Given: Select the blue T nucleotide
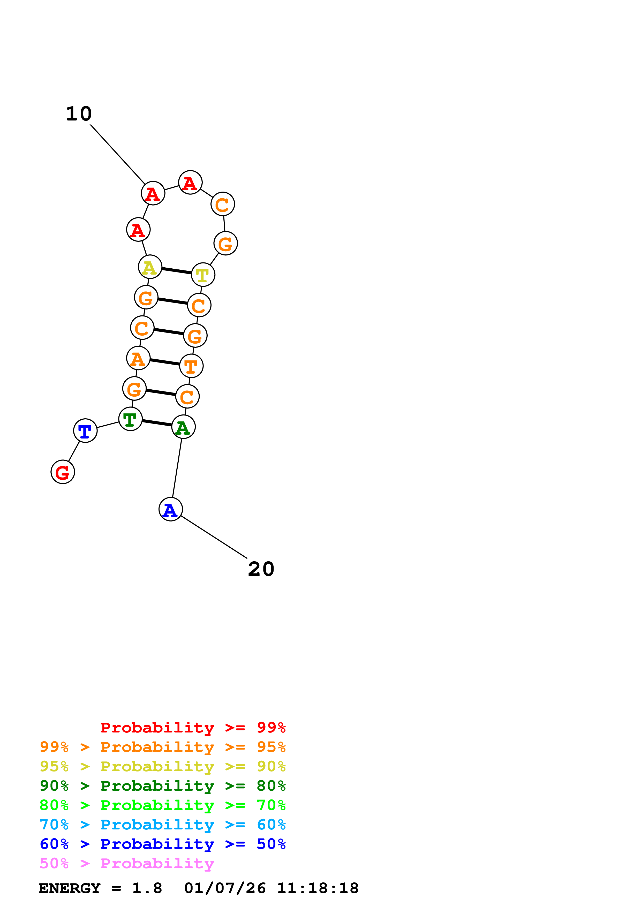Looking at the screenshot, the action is (85, 430).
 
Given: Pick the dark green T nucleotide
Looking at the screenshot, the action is (130, 419).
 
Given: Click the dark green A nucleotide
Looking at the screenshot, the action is (183, 427).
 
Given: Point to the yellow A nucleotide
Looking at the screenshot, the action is (150, 267).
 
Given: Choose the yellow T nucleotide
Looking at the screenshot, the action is (203, 275).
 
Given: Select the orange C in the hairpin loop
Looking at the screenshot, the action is (223, 204).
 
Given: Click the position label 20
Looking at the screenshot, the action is (261, 569).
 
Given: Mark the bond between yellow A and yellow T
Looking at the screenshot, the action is (177, 271).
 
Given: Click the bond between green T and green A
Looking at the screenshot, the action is (157, 423).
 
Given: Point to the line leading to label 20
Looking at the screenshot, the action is (214, 537).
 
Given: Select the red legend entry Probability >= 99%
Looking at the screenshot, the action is (193, 728).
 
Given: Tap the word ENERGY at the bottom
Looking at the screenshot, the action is (70, 888).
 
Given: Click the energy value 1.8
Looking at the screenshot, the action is (147, 888).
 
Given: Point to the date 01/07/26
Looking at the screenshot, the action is (225, 888).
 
